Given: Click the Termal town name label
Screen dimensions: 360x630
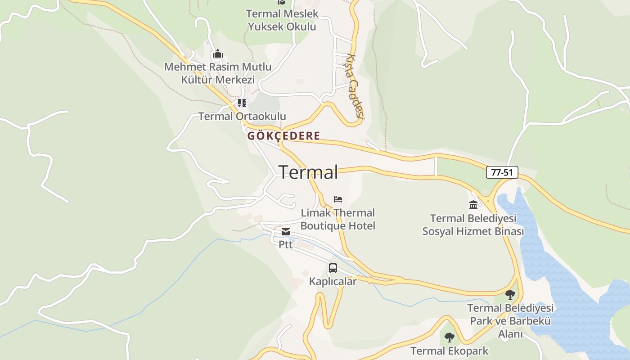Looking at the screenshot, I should (308, 172).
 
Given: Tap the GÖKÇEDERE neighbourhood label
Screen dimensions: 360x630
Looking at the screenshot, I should (284, 136).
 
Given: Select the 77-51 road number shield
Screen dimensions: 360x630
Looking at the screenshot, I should (502, 172).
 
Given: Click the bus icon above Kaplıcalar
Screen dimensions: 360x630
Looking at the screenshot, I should (333, 268).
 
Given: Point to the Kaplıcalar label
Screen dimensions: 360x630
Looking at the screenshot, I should (333, 282).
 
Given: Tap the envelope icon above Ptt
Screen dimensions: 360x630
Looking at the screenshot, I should (286, 232).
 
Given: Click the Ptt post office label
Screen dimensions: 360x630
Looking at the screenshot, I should (286, 245).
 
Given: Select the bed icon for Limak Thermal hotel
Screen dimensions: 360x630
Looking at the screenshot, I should (338, 199).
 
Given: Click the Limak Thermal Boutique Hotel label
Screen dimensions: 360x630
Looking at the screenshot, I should (337, 219).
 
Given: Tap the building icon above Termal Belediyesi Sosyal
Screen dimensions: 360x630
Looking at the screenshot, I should (473, 205).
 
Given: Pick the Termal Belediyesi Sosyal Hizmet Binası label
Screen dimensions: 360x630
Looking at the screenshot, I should (473, 225).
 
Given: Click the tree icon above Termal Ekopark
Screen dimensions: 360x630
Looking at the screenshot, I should (449, 337).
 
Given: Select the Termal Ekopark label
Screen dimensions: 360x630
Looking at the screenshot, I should (449, 351).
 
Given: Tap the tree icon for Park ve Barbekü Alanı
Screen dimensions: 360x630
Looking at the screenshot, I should (510, 295).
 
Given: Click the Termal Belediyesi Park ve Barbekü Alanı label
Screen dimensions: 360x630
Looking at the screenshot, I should (510, 321).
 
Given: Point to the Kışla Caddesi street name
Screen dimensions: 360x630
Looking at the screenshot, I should (355, 86).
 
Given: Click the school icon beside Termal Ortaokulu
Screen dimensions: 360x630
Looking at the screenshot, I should (242, 103).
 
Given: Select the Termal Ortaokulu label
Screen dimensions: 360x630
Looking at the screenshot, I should (242, 117).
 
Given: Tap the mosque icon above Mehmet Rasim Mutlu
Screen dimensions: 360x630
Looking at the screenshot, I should (218, 54).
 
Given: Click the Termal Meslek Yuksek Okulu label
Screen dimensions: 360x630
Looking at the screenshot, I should (282, 20).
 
